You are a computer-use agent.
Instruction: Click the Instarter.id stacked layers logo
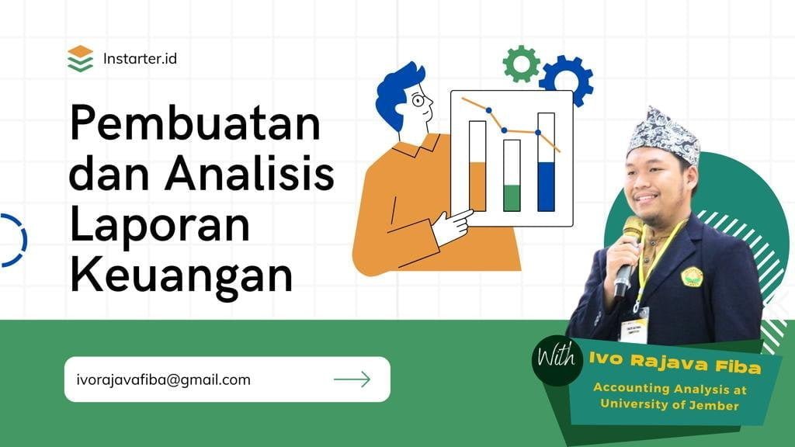coord(80,59)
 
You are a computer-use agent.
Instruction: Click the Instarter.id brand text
coord(140,59)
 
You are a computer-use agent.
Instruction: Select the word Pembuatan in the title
coord(195,123)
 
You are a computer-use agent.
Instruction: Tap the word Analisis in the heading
coord(249,172)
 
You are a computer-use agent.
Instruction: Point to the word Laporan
coord(160,226)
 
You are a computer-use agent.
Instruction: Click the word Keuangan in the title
coord(181,275)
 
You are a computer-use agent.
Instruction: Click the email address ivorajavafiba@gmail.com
coord(163,379)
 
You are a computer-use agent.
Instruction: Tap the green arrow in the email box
coord(352,379)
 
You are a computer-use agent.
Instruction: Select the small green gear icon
coord(521,64)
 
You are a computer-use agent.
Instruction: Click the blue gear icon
coord(566,80)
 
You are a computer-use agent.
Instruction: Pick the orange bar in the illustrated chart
coord(477,186)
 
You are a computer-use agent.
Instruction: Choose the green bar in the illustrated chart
coord(512,198)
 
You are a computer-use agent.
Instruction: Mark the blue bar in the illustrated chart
coord(546,186)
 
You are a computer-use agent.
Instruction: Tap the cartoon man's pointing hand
coord(453,227)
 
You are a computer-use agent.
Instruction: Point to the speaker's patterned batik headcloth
coord(664,135)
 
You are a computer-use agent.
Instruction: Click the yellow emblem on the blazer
coord(692,277)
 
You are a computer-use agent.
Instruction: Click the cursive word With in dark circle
coord(557,357)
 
